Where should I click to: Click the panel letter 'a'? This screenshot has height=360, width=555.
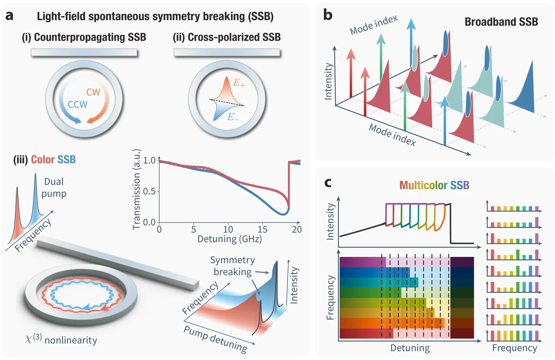pos(10,16)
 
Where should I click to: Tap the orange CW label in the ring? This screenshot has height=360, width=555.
pos(93,92)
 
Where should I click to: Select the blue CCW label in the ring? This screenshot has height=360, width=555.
pos(77,104)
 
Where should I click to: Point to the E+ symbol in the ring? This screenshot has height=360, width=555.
pos(239,83)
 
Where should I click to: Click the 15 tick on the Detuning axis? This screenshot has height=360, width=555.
pos(262,229)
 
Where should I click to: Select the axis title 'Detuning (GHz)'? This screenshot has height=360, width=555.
pos(229,239)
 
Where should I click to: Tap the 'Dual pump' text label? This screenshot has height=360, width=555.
pos(54,187)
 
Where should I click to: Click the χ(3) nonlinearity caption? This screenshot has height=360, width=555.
pos(61,339)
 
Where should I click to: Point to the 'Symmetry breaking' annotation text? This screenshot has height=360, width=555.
pos(232,266)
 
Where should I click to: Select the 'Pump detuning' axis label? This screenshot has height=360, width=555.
pos(215,339)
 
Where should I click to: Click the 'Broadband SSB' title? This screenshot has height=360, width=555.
pos(501,22)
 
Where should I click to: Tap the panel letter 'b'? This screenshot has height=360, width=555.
pos(327,15)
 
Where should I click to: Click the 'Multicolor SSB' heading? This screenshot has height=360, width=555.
pos(434,185)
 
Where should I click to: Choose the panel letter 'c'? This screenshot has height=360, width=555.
pos(327,182)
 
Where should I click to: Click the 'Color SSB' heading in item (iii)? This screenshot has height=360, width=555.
pos(53,160)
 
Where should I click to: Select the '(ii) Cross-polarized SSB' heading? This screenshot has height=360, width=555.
pos(227,37)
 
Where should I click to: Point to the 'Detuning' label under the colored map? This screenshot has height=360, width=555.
pos(410,348)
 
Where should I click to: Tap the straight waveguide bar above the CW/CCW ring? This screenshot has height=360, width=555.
pos(84,52)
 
